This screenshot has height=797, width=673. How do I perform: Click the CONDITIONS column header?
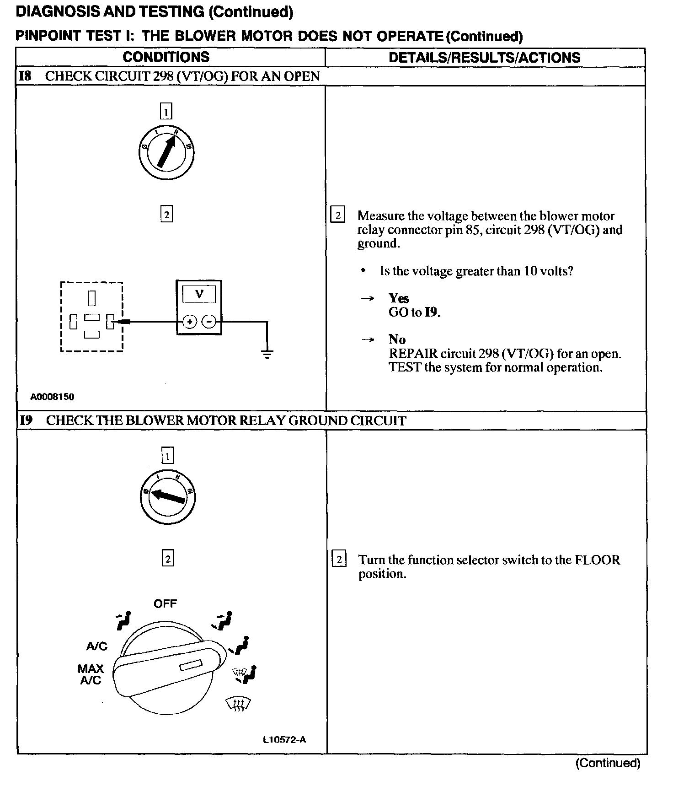click(x=166, y=57)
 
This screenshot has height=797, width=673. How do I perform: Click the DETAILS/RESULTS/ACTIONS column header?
click(x=484, y=58)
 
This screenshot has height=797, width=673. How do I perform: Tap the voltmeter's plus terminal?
click(x=190, y=322)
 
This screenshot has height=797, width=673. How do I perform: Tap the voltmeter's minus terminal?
click(x=209, y=322)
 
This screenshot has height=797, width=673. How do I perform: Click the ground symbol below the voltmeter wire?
click(x=267, y=353)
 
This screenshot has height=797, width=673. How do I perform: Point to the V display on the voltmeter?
click(x=199, y=294)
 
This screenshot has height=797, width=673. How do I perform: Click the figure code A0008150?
click(x=52, y=397)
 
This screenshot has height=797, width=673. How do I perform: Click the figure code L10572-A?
click(x=284, y=740)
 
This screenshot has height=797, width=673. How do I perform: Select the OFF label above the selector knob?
click(x=165, y=603)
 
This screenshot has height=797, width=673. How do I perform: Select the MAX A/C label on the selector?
click(x=91, y=674)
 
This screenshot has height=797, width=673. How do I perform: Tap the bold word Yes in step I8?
click(x=399, y=298)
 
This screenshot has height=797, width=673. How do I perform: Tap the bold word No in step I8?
click(x=397, y=339)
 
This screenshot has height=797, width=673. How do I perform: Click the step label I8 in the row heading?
click(x=25, y=76)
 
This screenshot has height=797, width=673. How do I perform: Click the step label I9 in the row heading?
click(x=26, y=420)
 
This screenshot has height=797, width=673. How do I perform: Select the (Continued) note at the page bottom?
click(x=608, y=763)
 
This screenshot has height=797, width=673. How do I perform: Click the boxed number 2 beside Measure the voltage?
click(x=338, y=215)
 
